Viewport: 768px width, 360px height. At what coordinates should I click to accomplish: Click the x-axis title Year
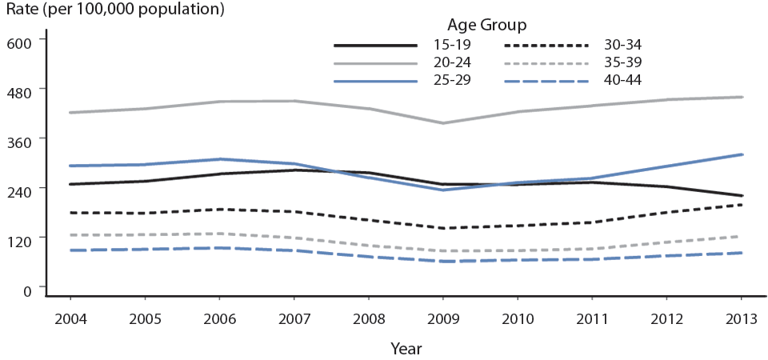click(406, 349)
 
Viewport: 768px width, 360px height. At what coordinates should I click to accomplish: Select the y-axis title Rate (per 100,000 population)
click(112, 10)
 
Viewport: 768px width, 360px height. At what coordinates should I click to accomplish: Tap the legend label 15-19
click(450, 45)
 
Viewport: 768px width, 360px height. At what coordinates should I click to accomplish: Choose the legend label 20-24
click(450, 62)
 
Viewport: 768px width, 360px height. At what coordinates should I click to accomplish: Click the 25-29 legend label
click(450, 80)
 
